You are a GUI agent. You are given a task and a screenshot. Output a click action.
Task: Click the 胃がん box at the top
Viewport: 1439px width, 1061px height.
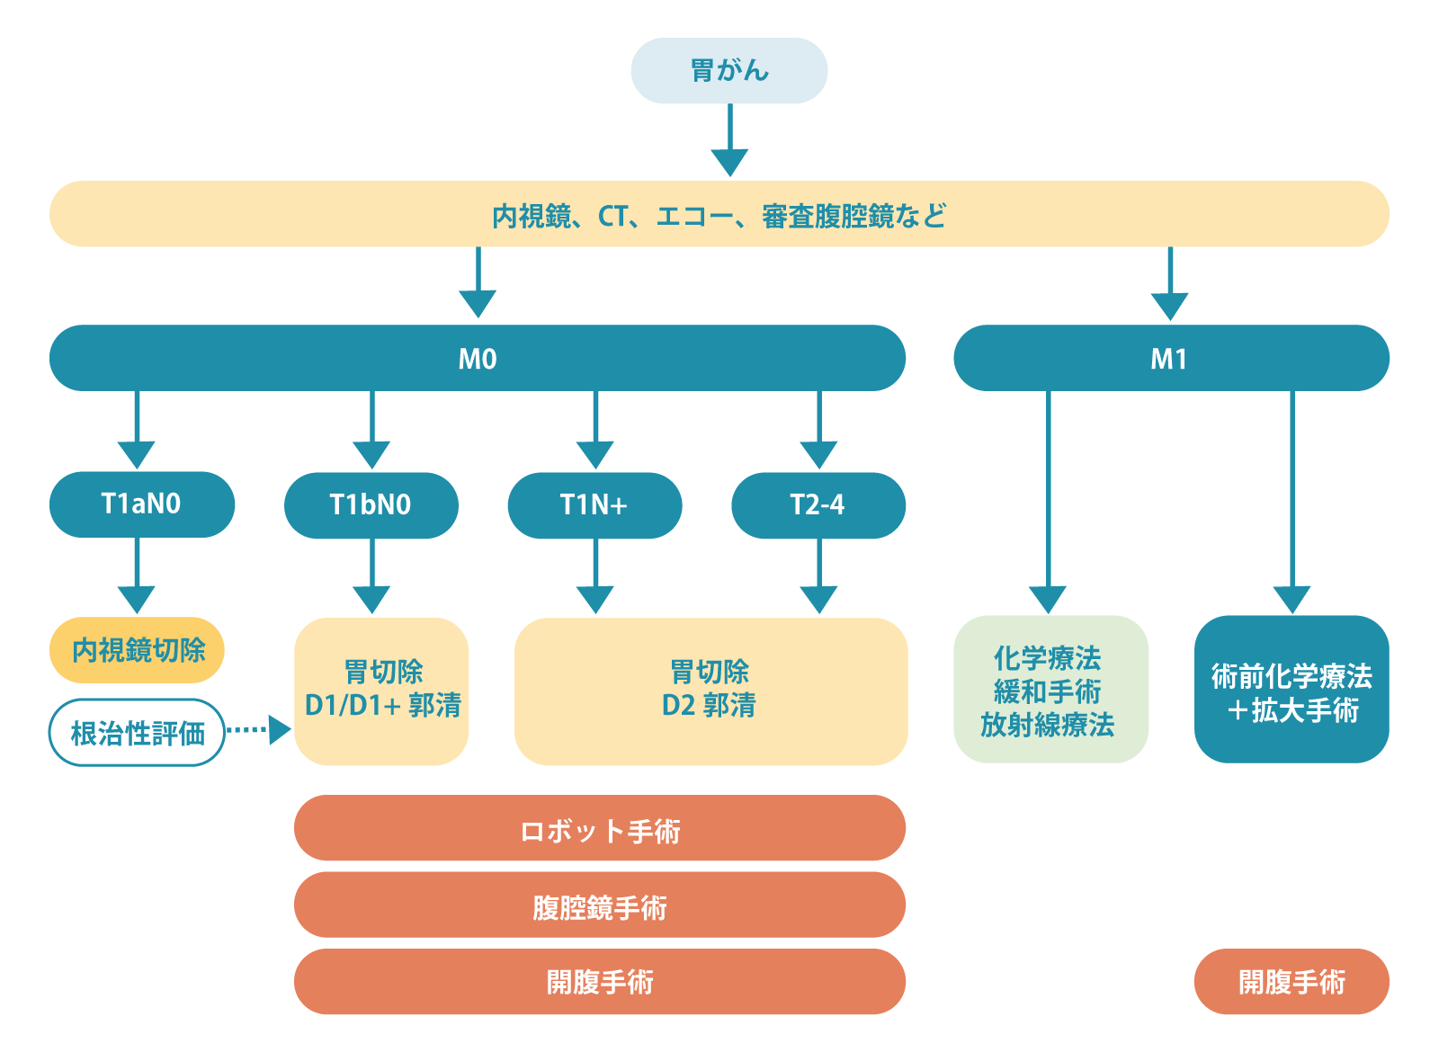[728, 70]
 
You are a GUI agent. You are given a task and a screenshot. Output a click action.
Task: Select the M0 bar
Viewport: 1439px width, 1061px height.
[477, 358]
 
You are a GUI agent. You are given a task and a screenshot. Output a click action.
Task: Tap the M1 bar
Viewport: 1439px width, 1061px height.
[1170, 358]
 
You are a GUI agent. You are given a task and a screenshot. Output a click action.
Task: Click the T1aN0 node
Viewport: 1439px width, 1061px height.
[141, 504]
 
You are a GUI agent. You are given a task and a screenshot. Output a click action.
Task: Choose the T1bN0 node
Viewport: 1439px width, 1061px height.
[371, 504]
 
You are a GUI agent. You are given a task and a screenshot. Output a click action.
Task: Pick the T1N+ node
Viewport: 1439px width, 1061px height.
[594, 504]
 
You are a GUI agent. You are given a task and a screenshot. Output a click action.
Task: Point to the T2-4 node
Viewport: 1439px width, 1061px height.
[818, 504]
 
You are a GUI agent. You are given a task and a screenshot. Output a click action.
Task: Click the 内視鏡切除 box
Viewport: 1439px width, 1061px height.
[137, 649]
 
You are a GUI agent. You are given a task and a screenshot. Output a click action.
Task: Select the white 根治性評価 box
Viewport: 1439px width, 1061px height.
[137, 733]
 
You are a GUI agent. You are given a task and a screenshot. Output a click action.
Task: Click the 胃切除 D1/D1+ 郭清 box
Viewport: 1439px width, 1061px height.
[381, 691]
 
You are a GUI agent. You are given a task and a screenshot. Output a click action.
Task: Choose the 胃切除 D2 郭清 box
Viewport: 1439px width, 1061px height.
[710, 691]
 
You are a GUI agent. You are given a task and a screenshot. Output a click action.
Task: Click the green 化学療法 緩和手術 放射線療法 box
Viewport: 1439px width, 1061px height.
[1050, 690]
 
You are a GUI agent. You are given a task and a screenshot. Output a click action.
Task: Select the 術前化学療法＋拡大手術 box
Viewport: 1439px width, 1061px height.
[1291, 691]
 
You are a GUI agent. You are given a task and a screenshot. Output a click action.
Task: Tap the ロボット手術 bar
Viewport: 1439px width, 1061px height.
[599, 829]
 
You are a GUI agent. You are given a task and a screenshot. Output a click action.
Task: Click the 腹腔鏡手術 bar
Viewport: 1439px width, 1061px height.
[599, 905]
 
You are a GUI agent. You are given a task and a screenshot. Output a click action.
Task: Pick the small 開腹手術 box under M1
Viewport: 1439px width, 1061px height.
[1291, 982]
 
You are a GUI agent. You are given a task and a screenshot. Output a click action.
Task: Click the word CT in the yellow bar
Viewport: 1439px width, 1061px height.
[613, 216]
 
